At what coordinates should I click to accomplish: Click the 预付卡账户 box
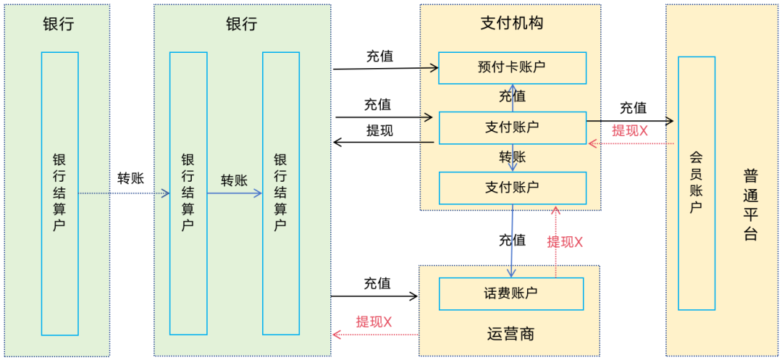512,67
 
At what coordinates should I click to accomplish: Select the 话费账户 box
511,293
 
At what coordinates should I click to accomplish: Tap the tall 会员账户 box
696,183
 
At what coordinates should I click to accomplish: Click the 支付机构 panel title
511,23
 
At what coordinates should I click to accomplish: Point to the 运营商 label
510,334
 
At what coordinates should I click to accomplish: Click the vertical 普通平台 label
750,205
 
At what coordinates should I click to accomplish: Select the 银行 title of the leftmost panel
59,23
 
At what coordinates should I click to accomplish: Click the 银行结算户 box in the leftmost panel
59,193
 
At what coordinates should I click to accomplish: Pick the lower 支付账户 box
512,188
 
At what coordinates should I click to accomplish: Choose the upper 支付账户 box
512,127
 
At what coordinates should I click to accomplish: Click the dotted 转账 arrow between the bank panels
123,193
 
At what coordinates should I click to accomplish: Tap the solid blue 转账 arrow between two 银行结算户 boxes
235,193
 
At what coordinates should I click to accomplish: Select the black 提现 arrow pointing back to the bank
383,143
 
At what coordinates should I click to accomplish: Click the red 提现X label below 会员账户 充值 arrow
629,131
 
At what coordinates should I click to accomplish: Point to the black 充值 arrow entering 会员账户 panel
630,121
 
